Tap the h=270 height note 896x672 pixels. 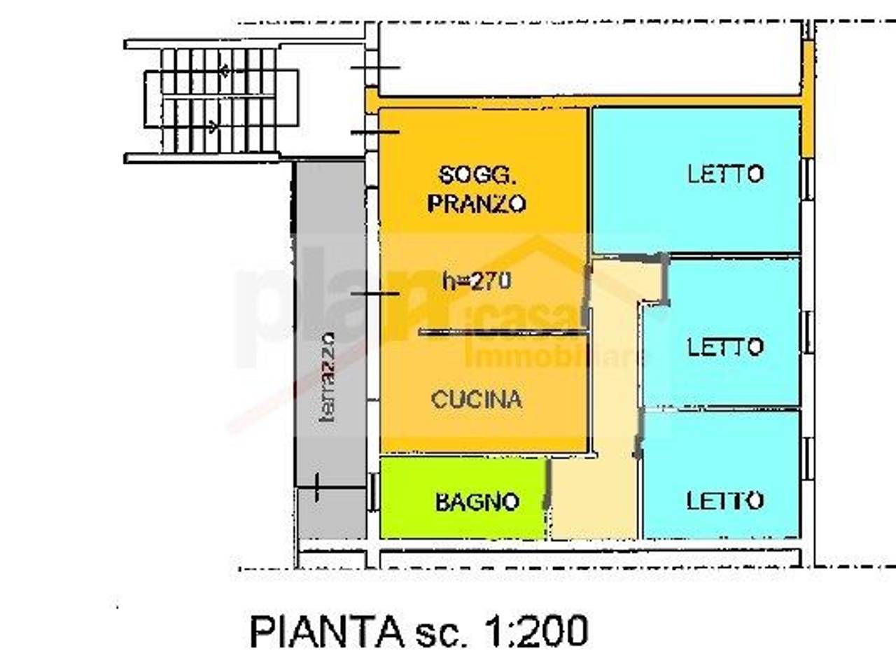coord(477,281)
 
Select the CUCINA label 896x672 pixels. coord(476,400)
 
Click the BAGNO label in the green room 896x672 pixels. coord(477,502)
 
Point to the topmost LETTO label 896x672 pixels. coord(724,174)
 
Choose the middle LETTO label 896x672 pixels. coord(724,346)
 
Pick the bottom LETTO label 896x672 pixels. coord(724,500)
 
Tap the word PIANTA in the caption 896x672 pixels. coord(324,631)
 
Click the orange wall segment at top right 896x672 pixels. coord(808,98)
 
